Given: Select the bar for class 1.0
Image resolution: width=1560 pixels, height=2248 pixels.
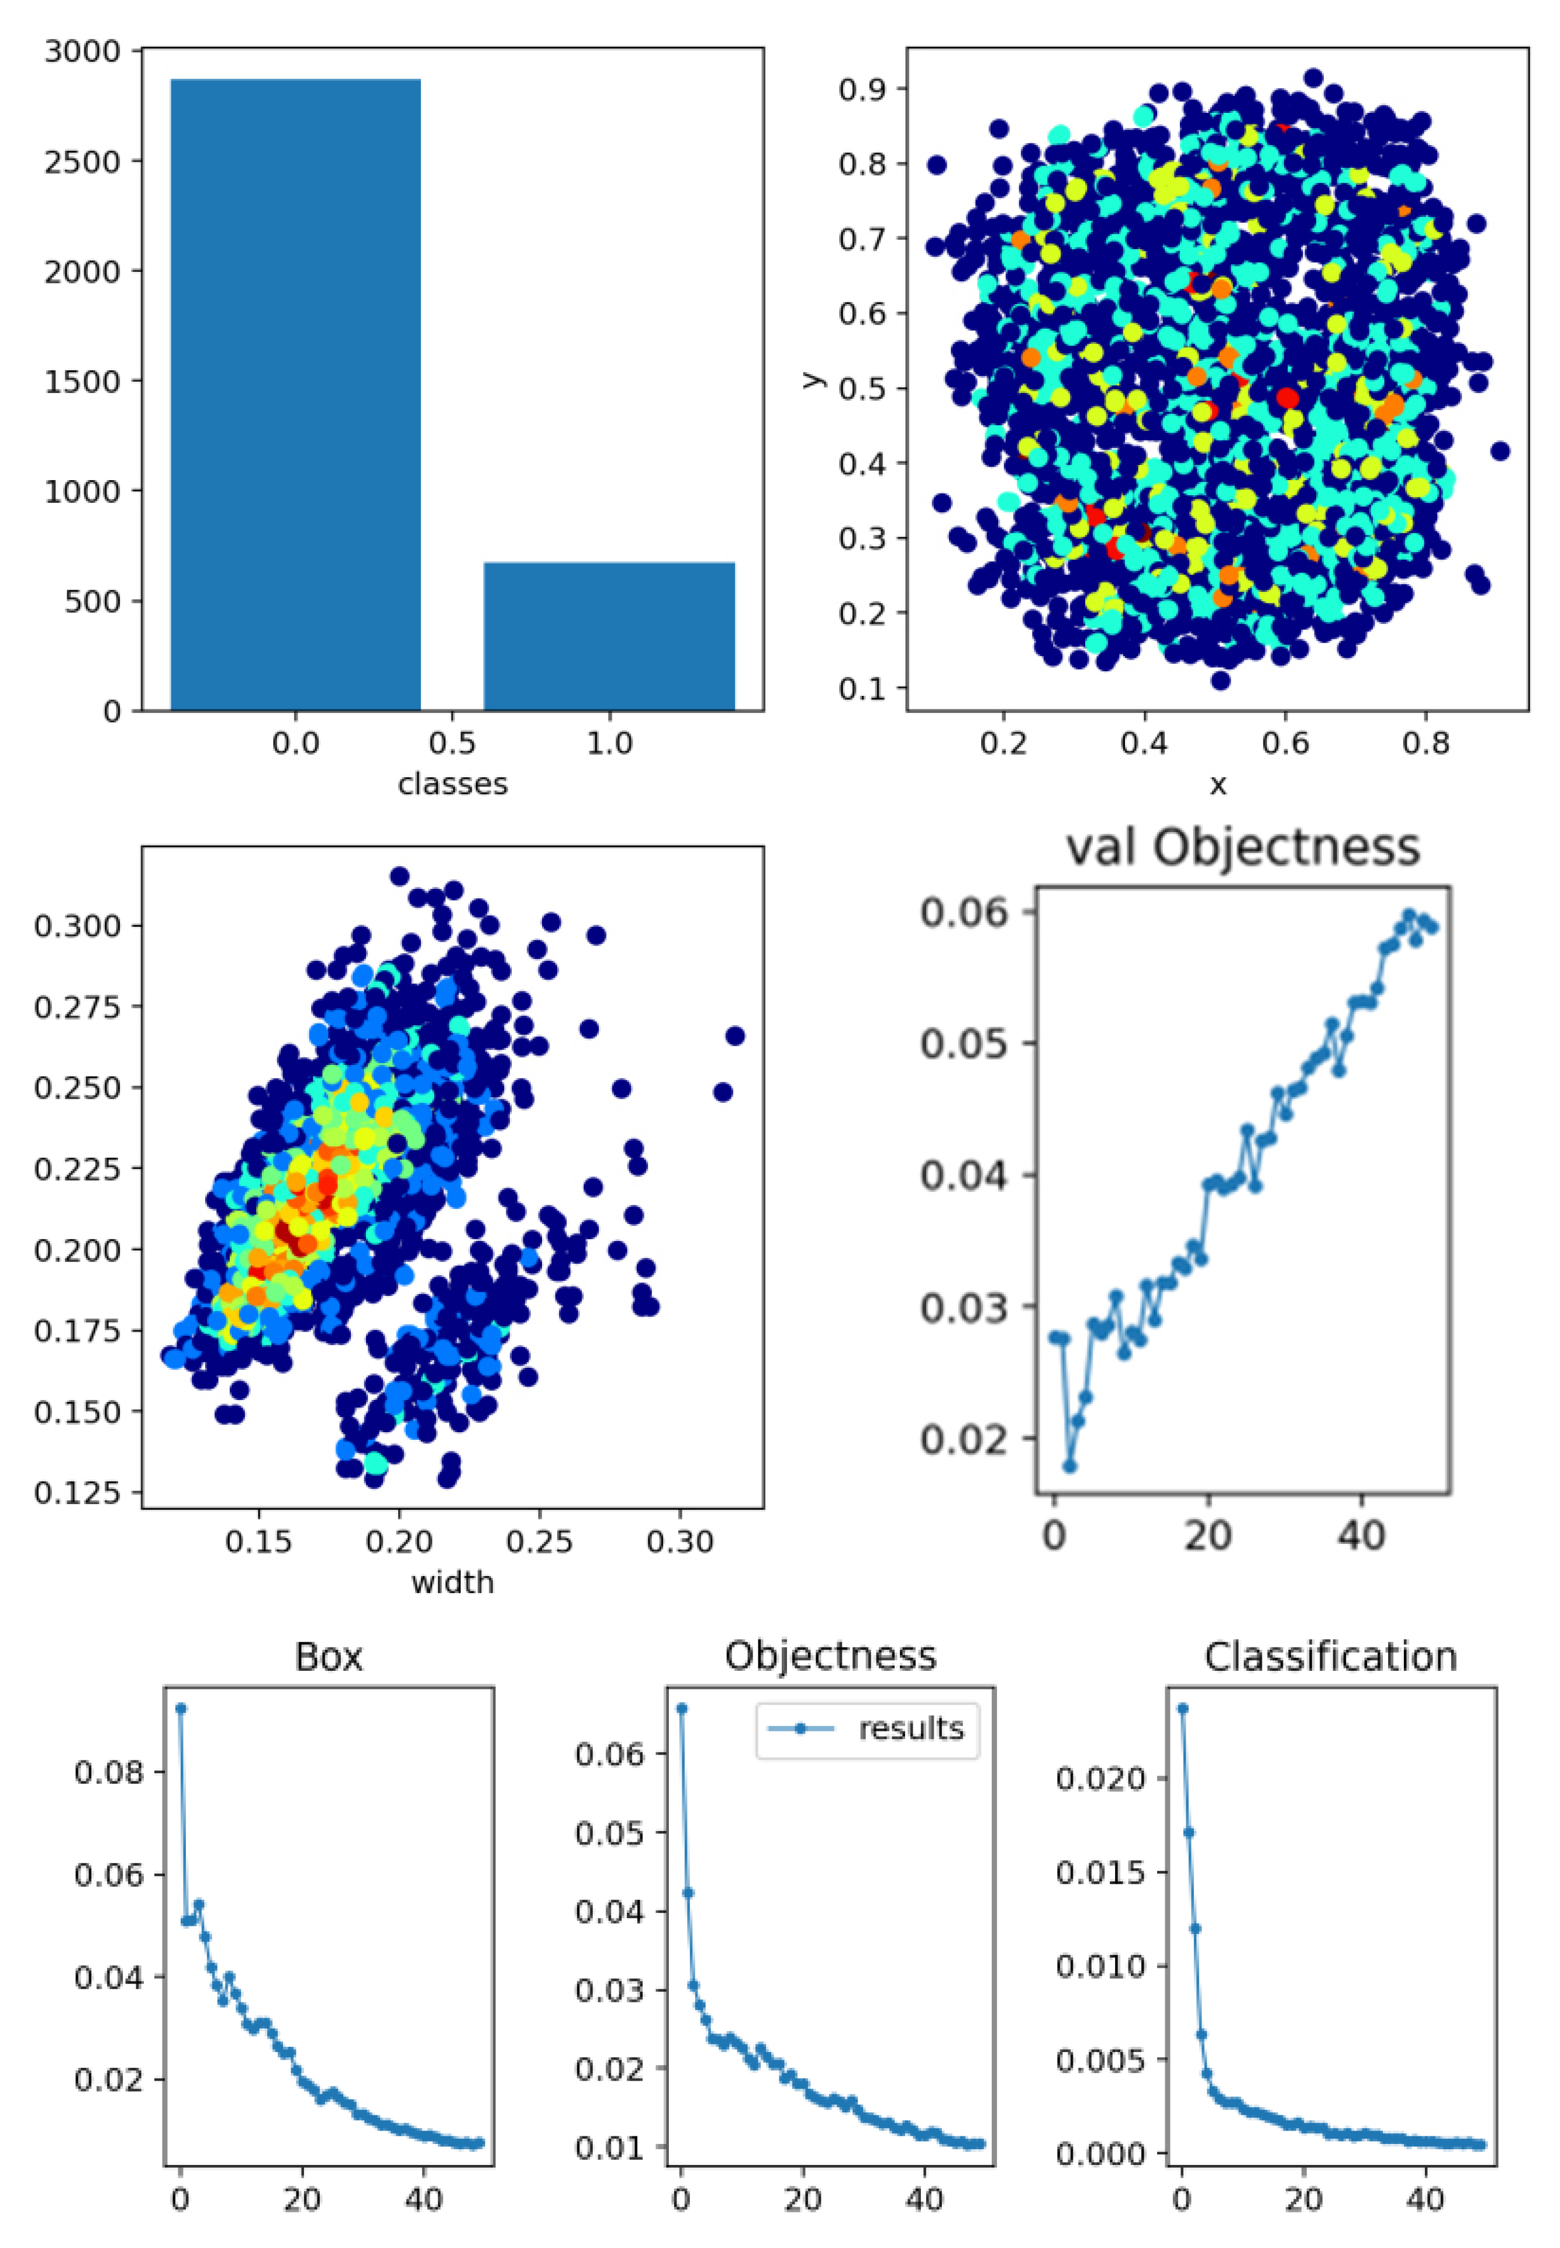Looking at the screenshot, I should [609, 635].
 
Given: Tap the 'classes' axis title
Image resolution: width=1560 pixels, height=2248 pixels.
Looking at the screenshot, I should [453, 784].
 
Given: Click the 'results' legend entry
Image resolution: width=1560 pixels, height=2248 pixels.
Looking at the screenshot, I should [910, 1728].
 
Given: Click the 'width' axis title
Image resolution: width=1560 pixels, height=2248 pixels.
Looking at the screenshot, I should [453, 1582].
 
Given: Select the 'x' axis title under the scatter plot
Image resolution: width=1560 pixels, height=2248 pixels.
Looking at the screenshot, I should [1218, 784].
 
